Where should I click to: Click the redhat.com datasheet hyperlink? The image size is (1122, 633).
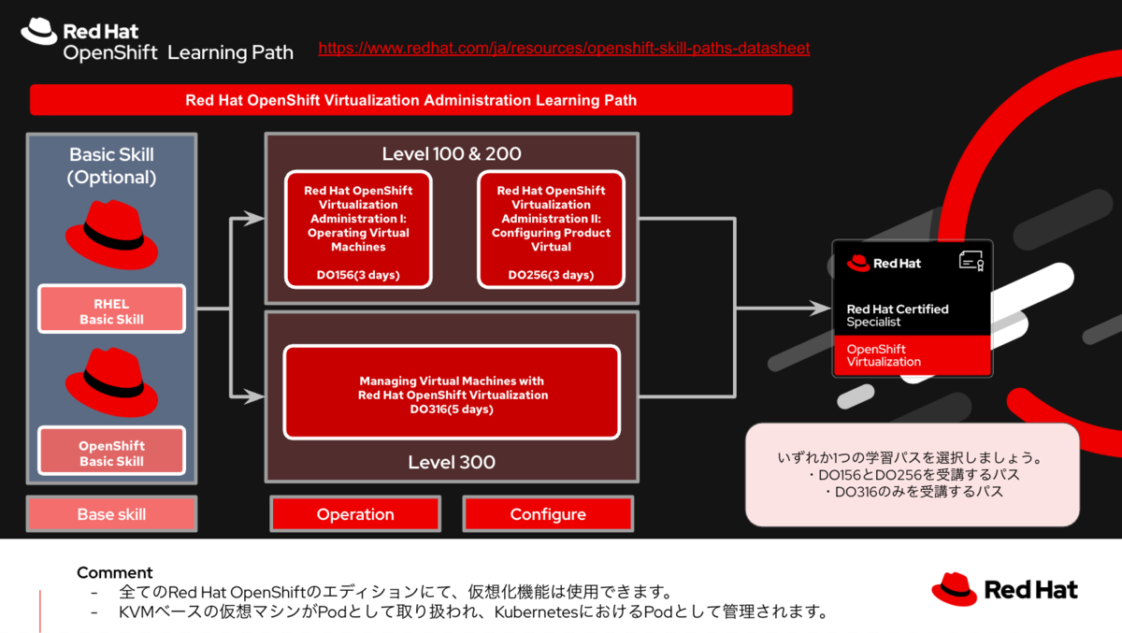pos(564,48)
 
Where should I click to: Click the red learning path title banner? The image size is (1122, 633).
pos(410,100)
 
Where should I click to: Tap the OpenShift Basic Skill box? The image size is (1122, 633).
pos(111,453)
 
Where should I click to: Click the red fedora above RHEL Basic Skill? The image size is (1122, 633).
pos(111,235)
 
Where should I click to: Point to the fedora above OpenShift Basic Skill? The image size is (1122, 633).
pos(111,381)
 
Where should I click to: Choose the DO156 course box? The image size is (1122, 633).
pos(358,230)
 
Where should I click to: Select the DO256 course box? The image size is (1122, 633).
pos(551,230)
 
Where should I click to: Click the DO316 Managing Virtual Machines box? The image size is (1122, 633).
pos(452,393)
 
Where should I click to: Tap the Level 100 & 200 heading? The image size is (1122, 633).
pos(452,154)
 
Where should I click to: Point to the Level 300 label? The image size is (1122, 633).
pos(452,462)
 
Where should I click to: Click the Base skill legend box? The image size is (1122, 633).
pos(111,514)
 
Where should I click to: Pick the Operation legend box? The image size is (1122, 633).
pos(355,514)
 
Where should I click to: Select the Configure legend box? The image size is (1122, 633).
pos(548,514)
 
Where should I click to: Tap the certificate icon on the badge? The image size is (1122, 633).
pos(971,262)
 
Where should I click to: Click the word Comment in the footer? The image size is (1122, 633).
pos(114,572)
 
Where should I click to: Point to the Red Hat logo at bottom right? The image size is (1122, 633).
pos(1004,590)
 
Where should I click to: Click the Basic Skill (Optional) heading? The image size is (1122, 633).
pos(111,165)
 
